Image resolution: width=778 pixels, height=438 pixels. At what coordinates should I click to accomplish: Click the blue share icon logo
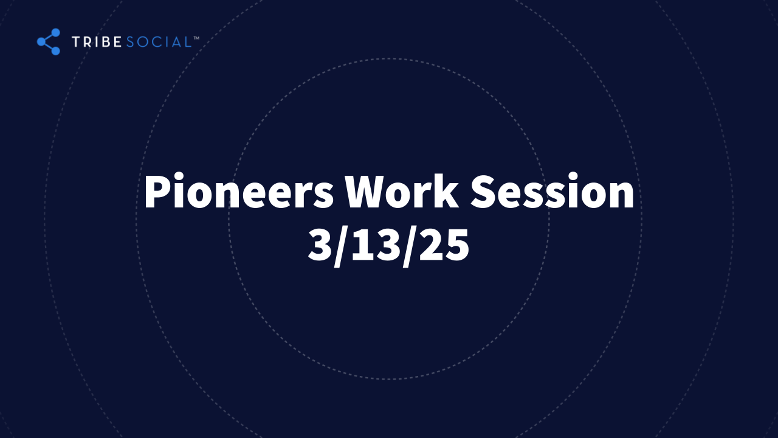tap(49, 42)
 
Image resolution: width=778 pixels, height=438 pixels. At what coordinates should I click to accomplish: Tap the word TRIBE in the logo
tap(97, 42)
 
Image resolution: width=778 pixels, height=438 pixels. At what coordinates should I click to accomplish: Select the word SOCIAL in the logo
tap(159, 42)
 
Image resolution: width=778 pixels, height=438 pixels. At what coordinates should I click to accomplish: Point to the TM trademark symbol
tap(196, 38)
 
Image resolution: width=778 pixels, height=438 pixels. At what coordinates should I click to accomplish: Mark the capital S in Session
tap(483, 191)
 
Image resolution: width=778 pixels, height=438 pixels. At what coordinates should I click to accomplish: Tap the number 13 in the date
tap(375, 245)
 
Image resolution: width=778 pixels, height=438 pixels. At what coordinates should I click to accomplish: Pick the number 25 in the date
tap(444, 245)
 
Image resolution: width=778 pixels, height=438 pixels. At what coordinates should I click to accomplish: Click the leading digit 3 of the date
tap(320, 245)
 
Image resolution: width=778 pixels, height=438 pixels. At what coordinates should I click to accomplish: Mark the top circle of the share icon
tap(55, 32)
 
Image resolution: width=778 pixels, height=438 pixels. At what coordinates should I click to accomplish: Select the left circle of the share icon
tap(41, 42)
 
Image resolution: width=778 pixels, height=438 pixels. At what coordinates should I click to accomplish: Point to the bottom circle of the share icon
tap(55, 51)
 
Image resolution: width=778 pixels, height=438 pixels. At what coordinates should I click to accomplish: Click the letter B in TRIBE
tap(106, 42)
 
